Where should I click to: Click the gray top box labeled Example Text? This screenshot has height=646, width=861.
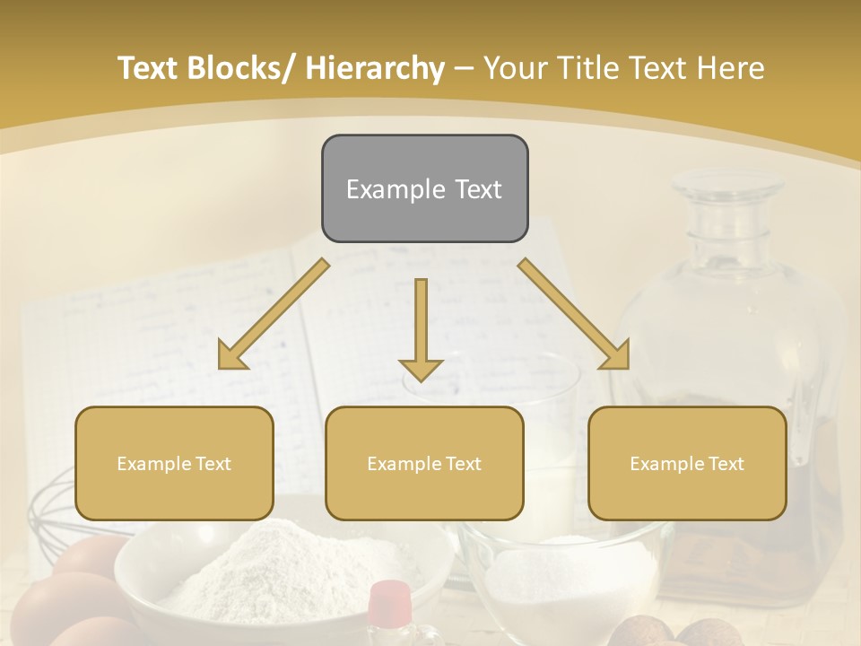(x=424, y=188)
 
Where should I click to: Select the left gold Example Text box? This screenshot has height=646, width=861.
(x=174, y=463)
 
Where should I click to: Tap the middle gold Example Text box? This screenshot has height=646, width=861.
(x=424, y=463)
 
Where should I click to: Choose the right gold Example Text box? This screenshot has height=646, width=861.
(x=687, y=463)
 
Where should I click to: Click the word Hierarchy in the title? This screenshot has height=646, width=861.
(x=375, y=68)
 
